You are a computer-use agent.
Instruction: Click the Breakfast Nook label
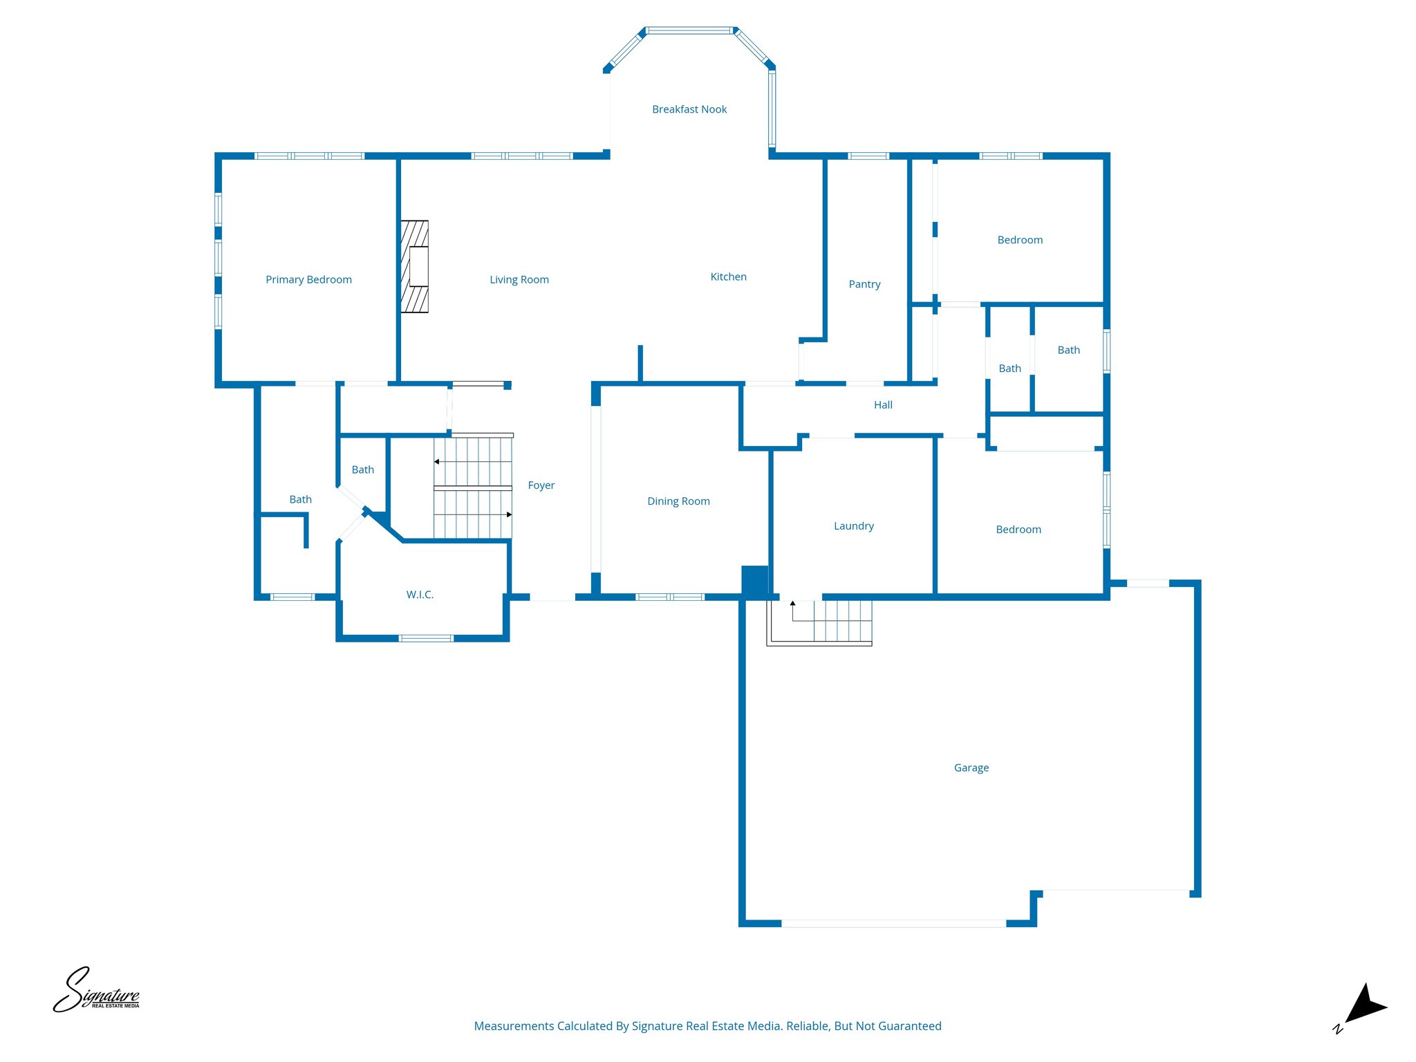tap(689, 109)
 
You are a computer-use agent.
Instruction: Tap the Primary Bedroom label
tap(308, 279)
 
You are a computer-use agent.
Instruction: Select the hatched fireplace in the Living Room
tap(415, 266)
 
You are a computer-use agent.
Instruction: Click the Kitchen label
tap(728, 277)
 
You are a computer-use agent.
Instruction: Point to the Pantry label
tap(864, 284)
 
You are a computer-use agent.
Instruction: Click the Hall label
tap(883, 405)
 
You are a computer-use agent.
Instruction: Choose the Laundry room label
tap(853, 526)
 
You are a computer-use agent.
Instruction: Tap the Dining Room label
tap(678, 501)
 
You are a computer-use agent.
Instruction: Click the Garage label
tap(971, 767)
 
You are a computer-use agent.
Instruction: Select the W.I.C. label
tap(420, 595)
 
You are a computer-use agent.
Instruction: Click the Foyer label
tap(541, 485)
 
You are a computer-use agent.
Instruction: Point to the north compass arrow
tap(1364, 1005)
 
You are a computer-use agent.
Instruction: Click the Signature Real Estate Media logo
tap(96, 991)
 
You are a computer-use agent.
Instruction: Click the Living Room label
tap(519, 279)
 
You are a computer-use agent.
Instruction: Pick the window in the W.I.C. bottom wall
tap(426, 638)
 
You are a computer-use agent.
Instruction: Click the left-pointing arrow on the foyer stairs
tap(437, 461)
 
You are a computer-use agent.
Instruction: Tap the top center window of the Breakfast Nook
tap(689, 30)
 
